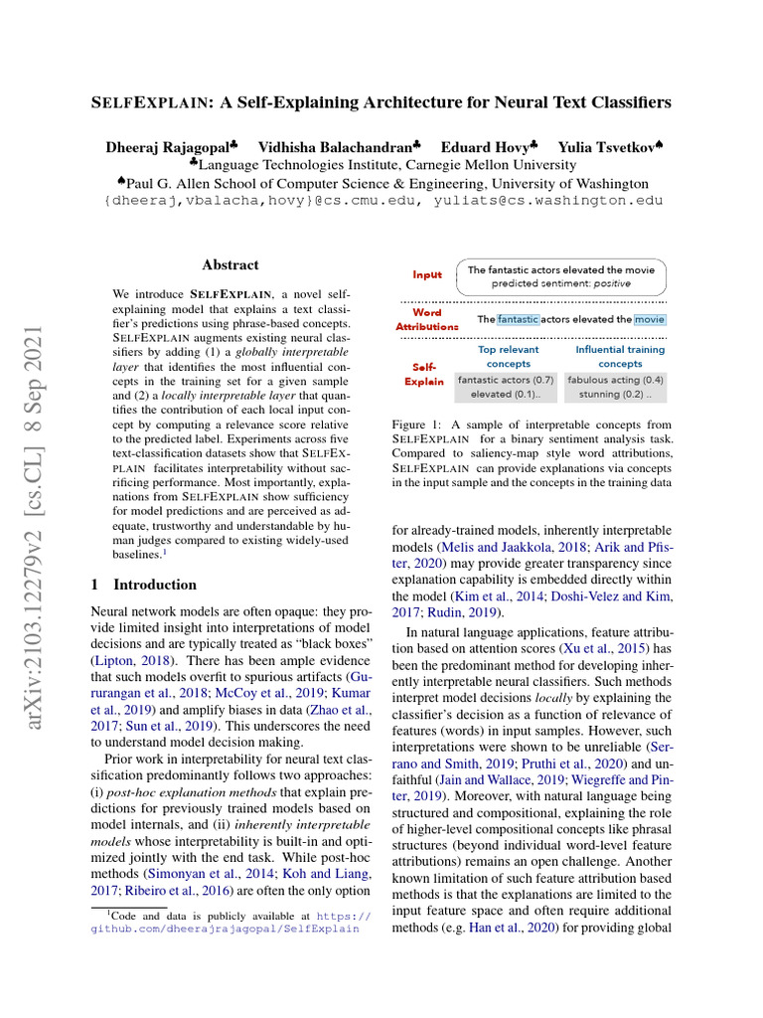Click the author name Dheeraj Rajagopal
[x=167, y=147]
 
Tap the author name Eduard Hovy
[x=486, y=147]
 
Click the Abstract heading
[x=229, y=265]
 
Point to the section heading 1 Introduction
[x=144, y=585]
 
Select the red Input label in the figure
[x=428, y=274]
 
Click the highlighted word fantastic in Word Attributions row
[x=518, y=319]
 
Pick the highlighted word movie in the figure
[x=650, y=319]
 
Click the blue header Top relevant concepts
[x=508, y=356]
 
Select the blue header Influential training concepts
[x=619, y=356]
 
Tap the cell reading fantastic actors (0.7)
[x=506, y=380]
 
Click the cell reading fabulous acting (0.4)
[x=616, y=380]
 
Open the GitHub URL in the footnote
[x=228, y=929]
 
